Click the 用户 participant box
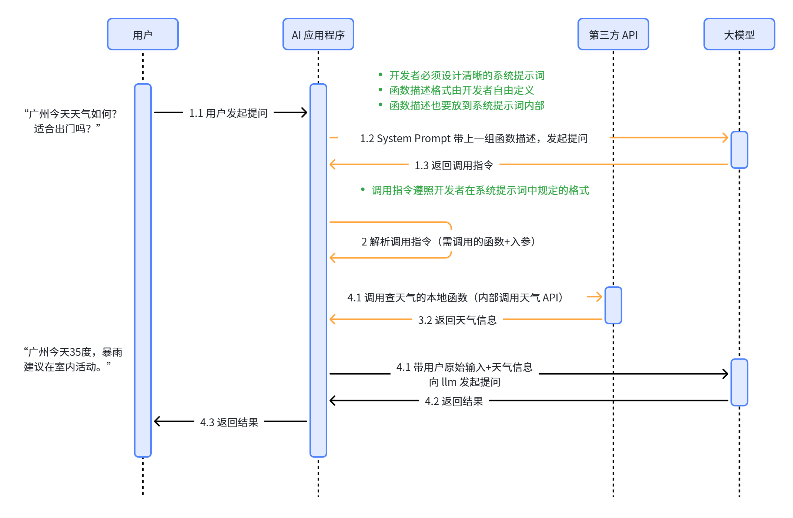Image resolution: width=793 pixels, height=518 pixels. pyautogui.click(x=143, y=34)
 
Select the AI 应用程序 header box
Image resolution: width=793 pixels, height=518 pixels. pyautogui.click(x=318, y=34)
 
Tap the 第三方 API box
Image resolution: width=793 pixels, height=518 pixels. pyautogui.click(x=613, y=34)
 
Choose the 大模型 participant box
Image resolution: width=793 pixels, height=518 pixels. pyautogui.click(x=739, y=34)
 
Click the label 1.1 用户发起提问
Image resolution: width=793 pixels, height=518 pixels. pyautogui.click(x=228, y=113)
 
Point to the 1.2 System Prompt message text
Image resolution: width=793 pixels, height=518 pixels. pyautogui.click(x=474, y=138)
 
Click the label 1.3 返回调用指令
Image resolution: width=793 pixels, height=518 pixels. pyautogui.click(x=454, y=165)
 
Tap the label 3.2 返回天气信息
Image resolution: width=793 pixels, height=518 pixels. pyautogui.click(x=457, y=320)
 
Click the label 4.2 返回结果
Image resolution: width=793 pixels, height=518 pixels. pyautogui.click(x=454, y=401)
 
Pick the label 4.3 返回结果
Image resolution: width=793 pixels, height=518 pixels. pyautogui.click(x=229, y=422)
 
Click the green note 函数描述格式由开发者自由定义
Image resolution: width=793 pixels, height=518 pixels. pyautogui.click(x=461, y=90)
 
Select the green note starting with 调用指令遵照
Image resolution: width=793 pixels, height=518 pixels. pyautogui.click(x=480, y=190)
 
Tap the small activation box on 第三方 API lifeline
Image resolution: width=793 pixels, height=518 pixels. pyautogui.click(x=613, y=305)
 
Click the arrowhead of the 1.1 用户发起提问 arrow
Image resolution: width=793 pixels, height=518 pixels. pyautogui.click(x=304, y=113)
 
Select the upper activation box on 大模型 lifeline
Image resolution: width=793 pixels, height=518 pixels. pyautogui.click(x=739, y=150)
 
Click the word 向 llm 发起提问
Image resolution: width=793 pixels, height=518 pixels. pyautogui.click(x=464, y=382)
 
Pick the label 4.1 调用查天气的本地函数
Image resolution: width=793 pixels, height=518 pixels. pyautogui.click(x=455, y=298)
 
